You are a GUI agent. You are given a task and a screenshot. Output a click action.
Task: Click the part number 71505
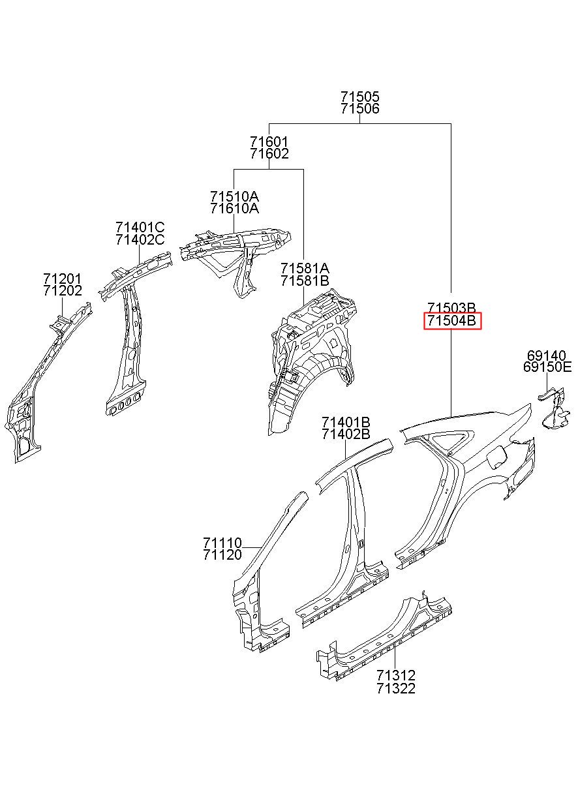359,97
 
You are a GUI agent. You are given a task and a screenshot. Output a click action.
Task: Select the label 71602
269,154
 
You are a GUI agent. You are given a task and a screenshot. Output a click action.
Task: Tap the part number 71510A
234,196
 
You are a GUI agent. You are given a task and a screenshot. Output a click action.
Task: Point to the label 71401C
140,227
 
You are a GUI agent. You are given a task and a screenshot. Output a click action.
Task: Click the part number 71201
63,279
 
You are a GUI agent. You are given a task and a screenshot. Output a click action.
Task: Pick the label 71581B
305,281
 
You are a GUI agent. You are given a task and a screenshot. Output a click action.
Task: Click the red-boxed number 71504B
452,321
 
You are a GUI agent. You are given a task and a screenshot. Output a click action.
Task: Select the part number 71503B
452,307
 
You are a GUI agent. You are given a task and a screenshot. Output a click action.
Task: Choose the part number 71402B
346,433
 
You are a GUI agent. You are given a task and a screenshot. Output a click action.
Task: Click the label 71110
222,543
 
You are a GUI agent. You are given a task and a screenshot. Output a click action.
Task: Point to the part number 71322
395,688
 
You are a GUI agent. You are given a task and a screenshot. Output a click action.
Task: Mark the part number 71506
359,110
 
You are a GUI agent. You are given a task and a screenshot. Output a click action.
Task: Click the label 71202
63,292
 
